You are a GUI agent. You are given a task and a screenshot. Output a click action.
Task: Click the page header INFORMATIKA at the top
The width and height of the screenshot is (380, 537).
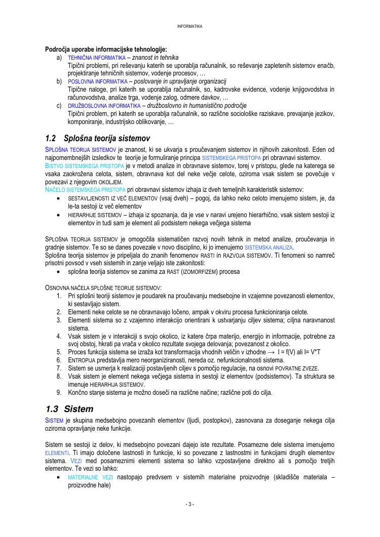tap(189, 26)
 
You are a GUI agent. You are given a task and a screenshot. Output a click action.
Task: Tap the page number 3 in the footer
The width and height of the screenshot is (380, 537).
tap(190, 504)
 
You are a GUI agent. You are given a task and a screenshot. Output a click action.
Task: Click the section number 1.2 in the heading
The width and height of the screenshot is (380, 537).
tap(50, 138)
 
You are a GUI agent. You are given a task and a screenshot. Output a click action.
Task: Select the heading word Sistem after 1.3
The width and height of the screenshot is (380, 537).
tap(79, 408)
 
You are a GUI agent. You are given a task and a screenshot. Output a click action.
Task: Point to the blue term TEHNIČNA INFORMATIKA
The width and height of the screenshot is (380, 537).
tap(97, 58)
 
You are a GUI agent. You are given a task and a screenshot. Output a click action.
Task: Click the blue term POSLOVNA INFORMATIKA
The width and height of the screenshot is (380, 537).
tap(98, 81)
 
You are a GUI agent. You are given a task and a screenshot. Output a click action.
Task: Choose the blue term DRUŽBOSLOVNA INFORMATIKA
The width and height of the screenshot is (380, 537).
tap(104, 106)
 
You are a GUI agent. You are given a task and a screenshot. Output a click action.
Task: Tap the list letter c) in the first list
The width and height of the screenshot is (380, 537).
tap(59, 106)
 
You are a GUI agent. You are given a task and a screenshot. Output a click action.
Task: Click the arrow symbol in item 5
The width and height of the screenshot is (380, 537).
tap(271, 352)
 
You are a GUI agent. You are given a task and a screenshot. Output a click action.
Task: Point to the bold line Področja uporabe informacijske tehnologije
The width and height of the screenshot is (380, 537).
tap(106, 50)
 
